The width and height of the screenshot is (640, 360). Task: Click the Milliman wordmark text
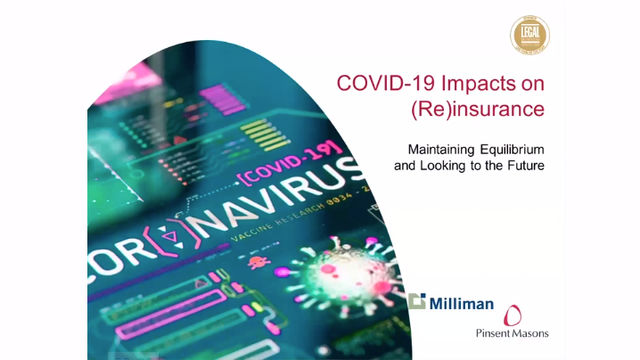point(462,303)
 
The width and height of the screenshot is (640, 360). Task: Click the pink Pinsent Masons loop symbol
point(513,315)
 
